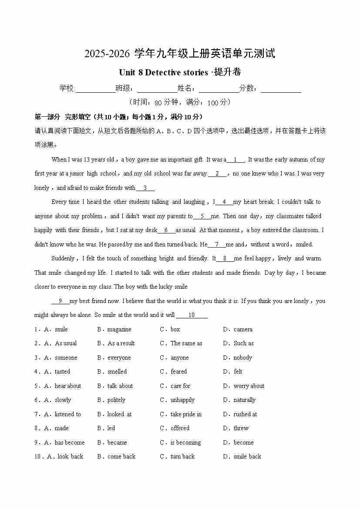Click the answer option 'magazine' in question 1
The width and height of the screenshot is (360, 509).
click(119, 330)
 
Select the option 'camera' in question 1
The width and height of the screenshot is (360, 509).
click(243, 330)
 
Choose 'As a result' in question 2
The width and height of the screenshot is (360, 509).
click(121, 344)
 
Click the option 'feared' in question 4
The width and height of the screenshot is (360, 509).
click(178, 372)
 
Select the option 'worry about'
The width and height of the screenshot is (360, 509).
click(249, 386)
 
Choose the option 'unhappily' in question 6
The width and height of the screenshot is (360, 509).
click(182, 400)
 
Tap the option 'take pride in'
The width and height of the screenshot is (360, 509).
click(186, 415)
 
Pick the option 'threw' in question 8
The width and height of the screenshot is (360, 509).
click(241, 428)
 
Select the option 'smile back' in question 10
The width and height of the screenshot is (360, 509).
click(247, 457)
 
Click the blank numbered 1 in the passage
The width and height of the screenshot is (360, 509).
click(236, 160)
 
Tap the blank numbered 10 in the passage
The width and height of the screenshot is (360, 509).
click(192, 315)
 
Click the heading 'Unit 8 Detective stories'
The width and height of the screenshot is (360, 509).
click(163, 72)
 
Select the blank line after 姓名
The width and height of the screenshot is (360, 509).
click(219, 89)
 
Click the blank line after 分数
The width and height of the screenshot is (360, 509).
click(281, 89)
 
